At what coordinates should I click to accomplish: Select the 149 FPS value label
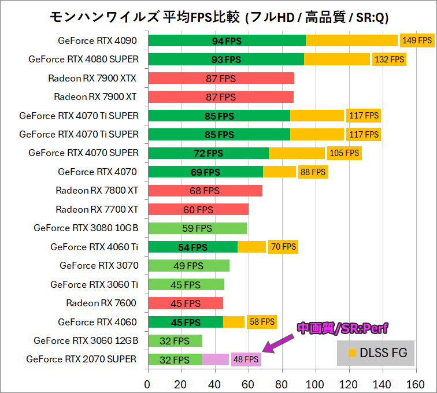[x=417, y=40]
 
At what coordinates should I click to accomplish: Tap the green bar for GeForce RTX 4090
[x=227, y=40]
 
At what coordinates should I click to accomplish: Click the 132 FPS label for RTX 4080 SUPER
[x=389, y=59]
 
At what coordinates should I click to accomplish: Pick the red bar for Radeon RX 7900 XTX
[x=221, y=78]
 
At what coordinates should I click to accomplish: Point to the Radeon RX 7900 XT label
[x=96, y=97]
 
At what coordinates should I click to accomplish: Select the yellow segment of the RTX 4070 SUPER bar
[x=297, y=153]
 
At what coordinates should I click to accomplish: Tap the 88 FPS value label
[x=312, y=172]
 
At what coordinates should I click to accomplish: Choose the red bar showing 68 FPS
[x=205, y=190]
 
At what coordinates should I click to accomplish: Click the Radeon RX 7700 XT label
[x=97, y=209]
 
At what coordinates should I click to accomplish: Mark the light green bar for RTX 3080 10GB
[x=197, y=228]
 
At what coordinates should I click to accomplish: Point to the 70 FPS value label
[x=283, y=247]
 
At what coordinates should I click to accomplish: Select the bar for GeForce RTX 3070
[x=188, y=265]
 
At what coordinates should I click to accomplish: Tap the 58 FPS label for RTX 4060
[x=261, y=321]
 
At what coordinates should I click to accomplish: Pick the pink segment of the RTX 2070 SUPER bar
[x=215, y=359]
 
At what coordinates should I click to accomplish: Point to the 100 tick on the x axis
[x=316, y=384]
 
